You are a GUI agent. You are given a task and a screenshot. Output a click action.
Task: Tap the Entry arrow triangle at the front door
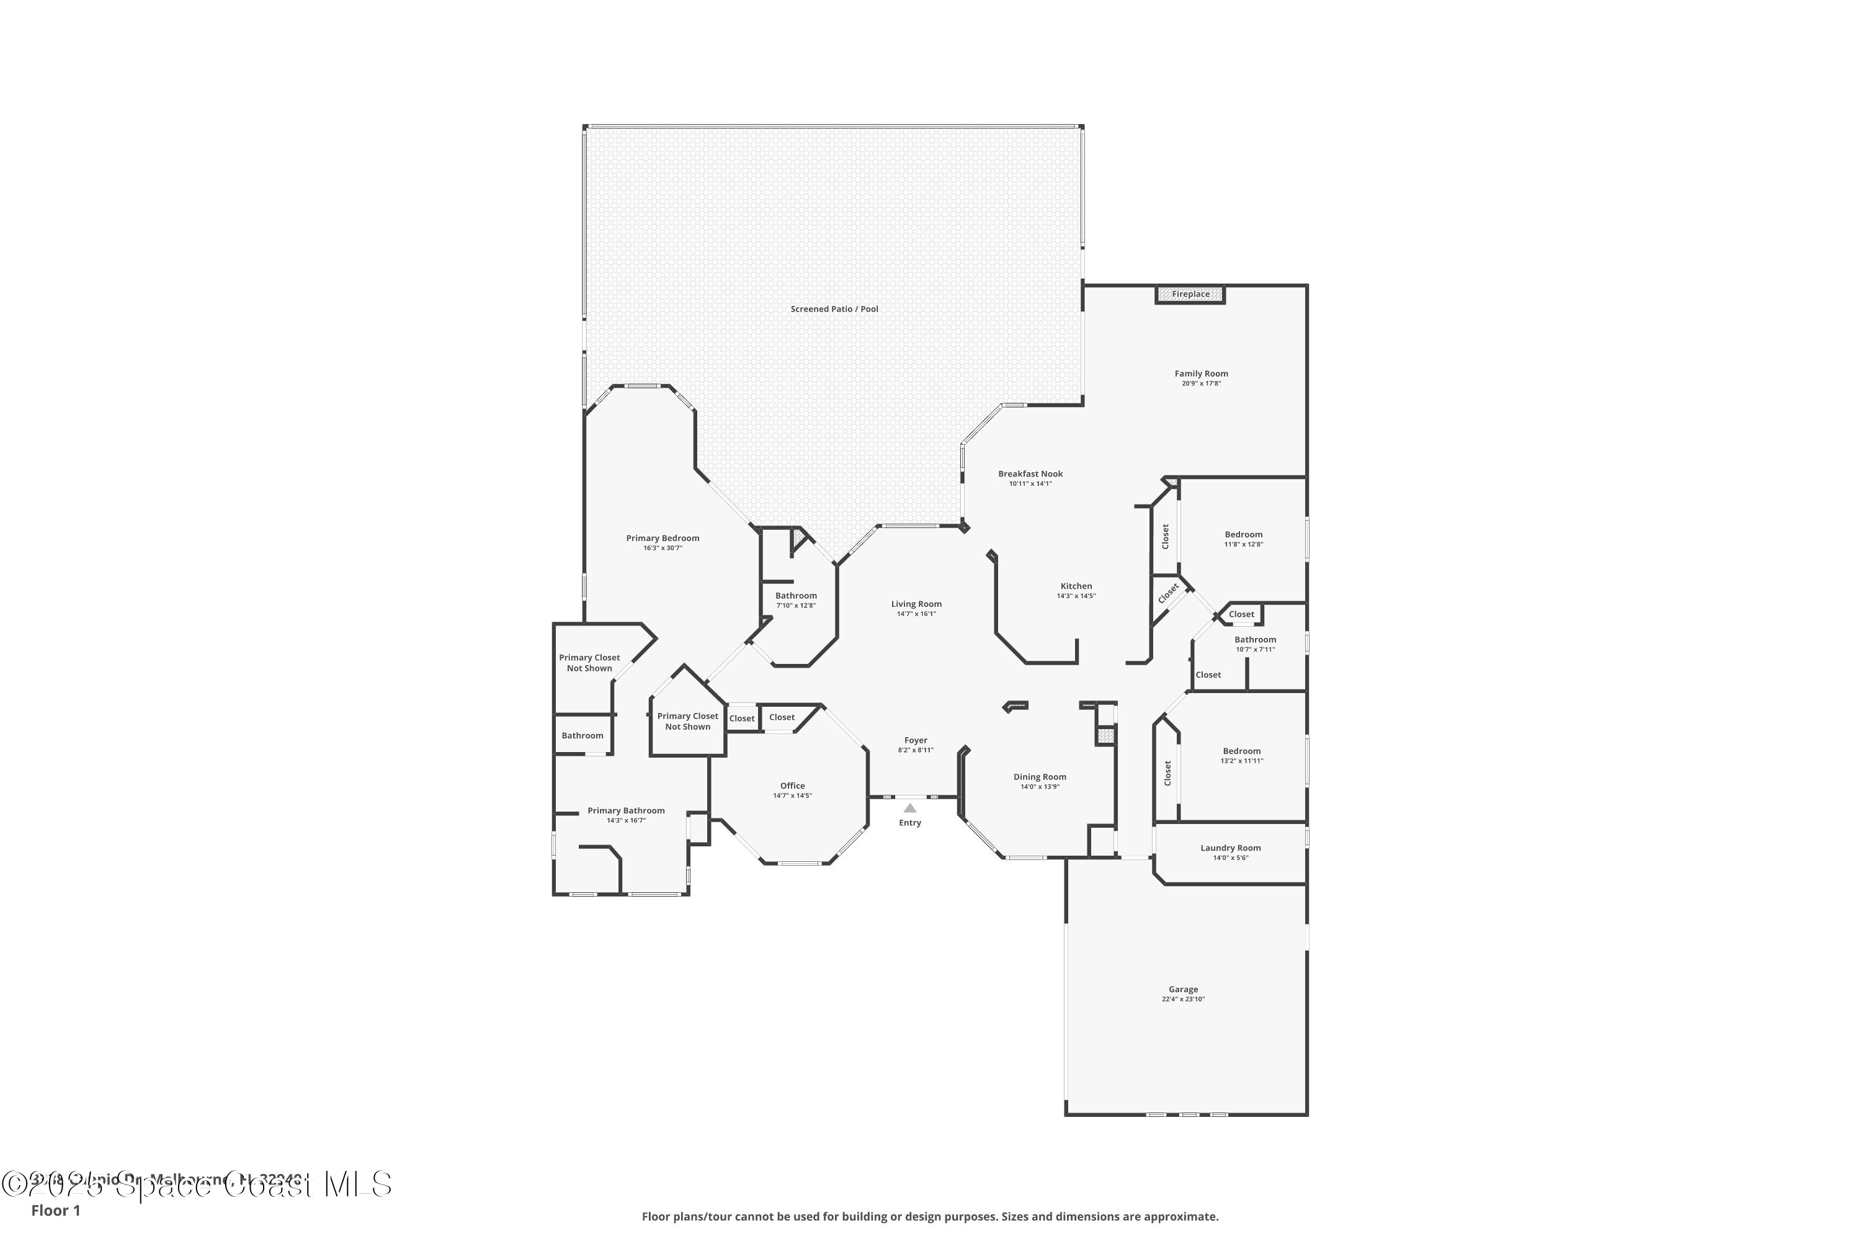coord(910,808)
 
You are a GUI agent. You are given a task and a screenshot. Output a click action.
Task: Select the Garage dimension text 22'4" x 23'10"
coord(1183,1000)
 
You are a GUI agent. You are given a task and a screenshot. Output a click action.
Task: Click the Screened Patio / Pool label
coord(834,310)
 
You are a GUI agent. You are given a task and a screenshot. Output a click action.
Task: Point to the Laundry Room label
coord(1230,848)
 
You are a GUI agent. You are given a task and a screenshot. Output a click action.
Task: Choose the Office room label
coord(792,786)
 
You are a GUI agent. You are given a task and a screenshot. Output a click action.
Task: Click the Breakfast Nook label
coord(1030,474)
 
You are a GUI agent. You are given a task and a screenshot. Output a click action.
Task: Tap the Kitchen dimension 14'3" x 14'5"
coord(1076,596)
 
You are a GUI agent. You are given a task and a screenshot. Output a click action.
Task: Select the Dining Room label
coord(1040,777)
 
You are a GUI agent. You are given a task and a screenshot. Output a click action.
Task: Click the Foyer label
coord(916,741)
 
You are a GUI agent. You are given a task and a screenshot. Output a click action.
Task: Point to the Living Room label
coord(916,604)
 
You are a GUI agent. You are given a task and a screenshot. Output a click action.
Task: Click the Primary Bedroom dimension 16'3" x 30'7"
coord(663,548)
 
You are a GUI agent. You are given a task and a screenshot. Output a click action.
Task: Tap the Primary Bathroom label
coord(626,810)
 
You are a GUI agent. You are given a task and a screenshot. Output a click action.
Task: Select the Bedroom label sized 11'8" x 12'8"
coord(1243,534)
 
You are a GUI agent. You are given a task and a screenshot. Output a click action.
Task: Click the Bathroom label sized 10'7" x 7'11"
coord(1255,640)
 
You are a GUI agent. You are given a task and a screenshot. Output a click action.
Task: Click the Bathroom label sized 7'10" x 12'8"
coord(795,596)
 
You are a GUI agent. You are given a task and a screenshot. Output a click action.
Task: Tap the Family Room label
coord(1201,374)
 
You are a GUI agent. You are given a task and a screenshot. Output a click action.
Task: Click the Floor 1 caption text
coord(55,1211)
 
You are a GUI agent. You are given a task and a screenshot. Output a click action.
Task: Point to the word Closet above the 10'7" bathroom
coord(1241,614)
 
